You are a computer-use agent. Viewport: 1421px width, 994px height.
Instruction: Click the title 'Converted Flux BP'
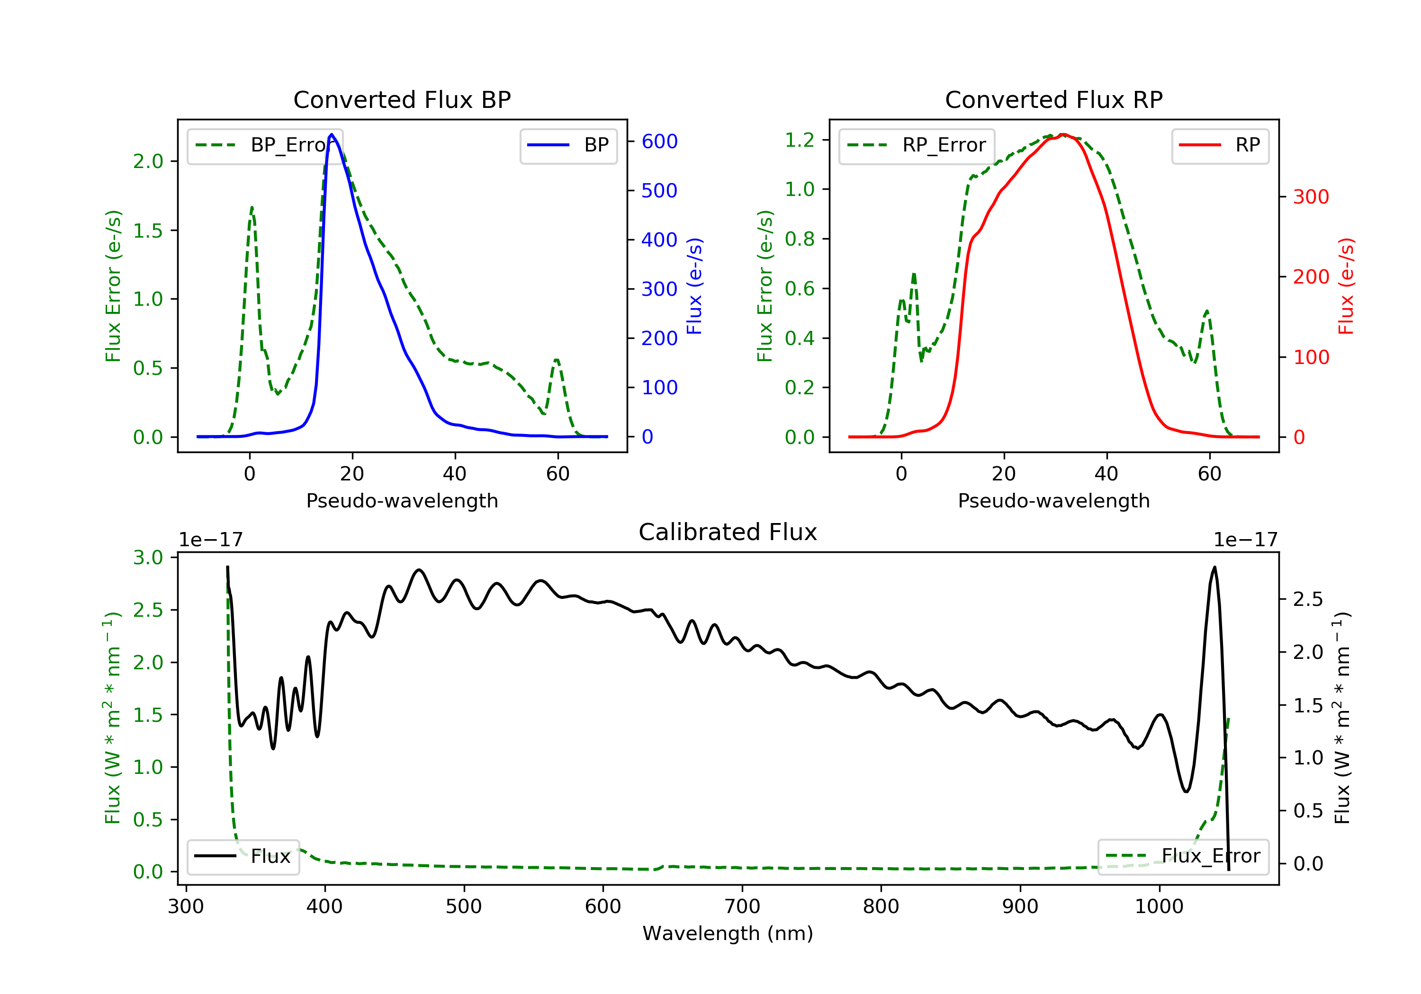point(402,99)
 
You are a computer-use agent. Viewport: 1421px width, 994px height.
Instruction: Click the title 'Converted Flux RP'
point(1053,99)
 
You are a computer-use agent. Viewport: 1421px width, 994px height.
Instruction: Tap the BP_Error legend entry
point(265,145)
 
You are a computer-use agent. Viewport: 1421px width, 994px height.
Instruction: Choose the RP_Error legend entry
point(917,145)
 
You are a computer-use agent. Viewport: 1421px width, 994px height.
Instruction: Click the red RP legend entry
point(1220,145)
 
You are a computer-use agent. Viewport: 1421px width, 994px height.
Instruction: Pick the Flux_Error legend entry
point(1183,856)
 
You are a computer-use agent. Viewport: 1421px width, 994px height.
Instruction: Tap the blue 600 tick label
point(659,142)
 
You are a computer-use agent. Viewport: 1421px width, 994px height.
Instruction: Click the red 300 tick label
point(1311,197)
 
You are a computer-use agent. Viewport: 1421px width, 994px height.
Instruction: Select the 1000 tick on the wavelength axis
point(1159,907)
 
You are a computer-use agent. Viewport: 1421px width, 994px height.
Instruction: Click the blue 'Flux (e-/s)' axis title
point(694,286)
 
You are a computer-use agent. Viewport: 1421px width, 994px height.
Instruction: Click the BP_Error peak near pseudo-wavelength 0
point(252,208)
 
